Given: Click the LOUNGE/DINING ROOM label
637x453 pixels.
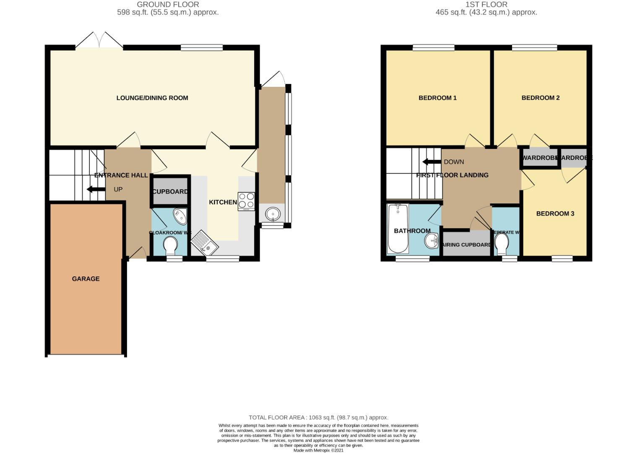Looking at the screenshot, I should point(152,98).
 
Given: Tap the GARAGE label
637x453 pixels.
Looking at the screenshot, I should point(86,279).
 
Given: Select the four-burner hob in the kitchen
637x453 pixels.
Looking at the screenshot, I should point(246,201).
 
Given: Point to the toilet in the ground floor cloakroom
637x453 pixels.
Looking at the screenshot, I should point(170,246).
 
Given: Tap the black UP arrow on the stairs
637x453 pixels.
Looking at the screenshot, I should point(96,189).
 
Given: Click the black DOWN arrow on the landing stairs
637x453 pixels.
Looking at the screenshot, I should point(431,162).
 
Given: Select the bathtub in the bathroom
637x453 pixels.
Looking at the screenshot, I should point(398,229).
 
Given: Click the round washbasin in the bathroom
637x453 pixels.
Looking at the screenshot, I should point(432,241).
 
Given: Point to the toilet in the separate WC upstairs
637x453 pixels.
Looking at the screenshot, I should point(502,243).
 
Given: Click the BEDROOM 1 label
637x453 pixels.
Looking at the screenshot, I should point(437,98).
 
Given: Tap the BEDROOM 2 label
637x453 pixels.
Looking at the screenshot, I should point(540,98).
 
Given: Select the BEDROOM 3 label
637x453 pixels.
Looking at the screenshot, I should point(555,213).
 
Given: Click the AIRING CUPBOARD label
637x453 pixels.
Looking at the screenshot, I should point(467,245).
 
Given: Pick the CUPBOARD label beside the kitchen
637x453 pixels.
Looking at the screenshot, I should point(170,191).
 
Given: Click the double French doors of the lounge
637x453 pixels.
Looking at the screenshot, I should point(99,41).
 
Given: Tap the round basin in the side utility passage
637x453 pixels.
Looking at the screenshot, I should point(273,214).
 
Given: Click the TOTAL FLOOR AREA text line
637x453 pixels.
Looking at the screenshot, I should point(318,417).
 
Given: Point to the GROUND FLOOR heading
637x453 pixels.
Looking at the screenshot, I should point(168,4).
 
